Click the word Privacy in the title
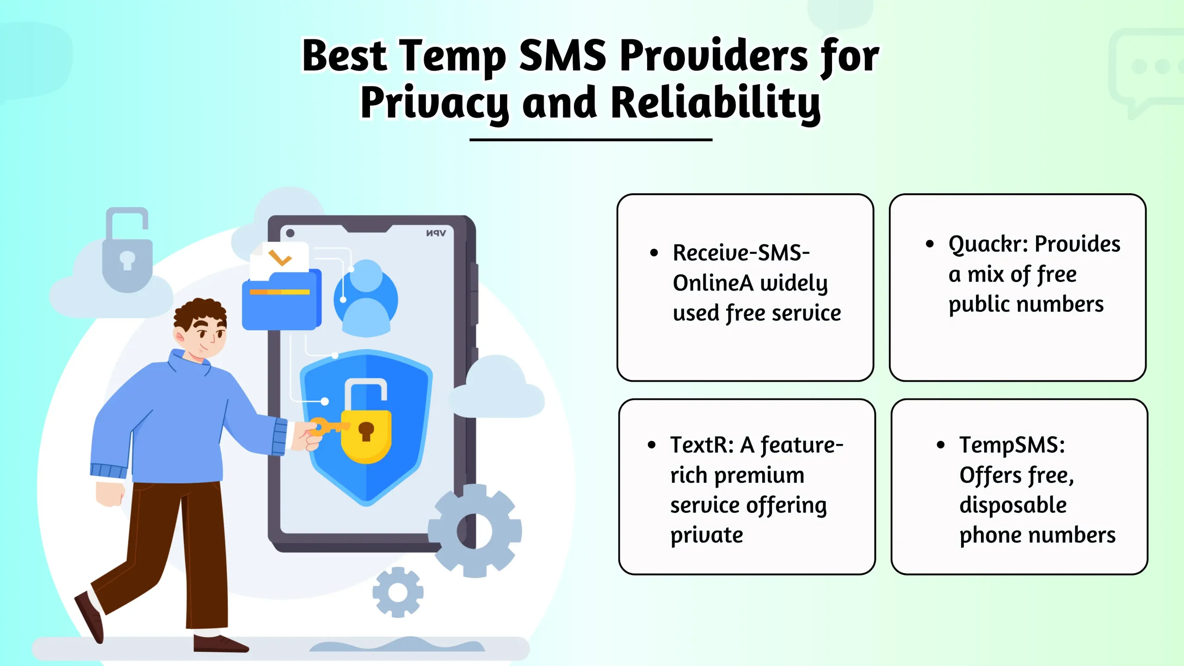pyautogui.click(x=434, y=103)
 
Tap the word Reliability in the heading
pyautogui.click(x=715, y=103)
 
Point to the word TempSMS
pyautogui.click(x=1011, y=445)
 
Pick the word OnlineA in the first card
pyautogui.click(x=713, y=283)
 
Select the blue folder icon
pyautogui.click(x=281, y=301)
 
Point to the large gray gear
pyautogui.click(x=475, y=530)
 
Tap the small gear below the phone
pyautogui.click(x=398, y=592)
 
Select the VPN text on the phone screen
pyautogui.click(x=436, y=233)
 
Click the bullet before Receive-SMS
pyautogui.click(x=654, y=253)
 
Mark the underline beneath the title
pyautogui.click(x=591, y=139)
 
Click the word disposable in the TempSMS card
pyautogui.click(x=1013, y=505)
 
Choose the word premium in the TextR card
pyautogui.click(x=759, y=475)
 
